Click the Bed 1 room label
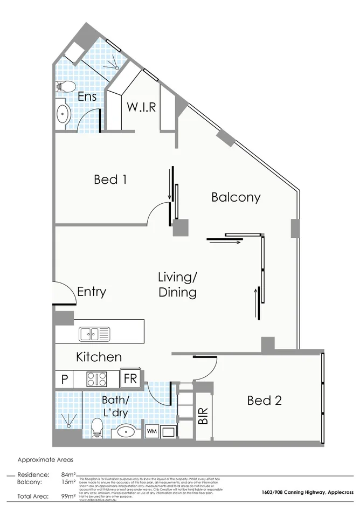(x=110, y=179)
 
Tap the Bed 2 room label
(x=264, y=401)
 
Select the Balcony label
(x=236, y=197)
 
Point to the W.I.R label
(x=141, y=107)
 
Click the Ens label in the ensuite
(x=87, y=97)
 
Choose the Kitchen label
(x=99, y=357)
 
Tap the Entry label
(x=92, y=292)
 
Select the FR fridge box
(x=130, y=378)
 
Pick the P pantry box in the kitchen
(x=64, y=379)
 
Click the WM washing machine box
(x=152, y=432)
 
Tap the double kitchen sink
(x=95, y=334)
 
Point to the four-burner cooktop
(x=97, y=378)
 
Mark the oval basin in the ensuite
(x=64, y=114)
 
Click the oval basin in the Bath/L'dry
(x=127, y=432)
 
